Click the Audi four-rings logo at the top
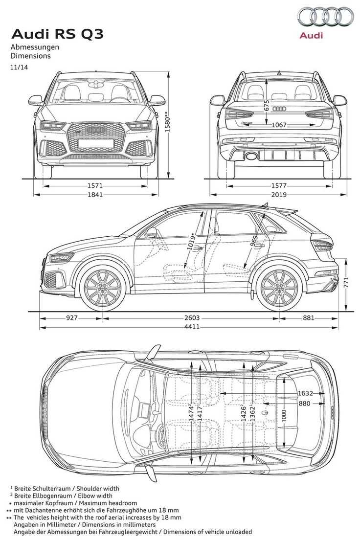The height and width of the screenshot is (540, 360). pos(326,17)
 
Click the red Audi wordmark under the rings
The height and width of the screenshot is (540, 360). pos(311,35)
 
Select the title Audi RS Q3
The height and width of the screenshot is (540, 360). pos(57,34)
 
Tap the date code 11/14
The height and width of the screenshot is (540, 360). pos(19,67)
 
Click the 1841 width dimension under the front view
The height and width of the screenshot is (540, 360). pos(95,195)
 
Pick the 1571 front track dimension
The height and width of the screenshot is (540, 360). pos(95,186)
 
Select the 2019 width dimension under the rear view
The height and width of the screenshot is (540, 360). pos(279,195)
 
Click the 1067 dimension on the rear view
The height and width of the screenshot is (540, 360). pos(279,125)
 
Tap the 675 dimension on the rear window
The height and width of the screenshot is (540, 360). pos(267,105)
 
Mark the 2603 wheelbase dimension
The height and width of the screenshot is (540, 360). pos(192,318)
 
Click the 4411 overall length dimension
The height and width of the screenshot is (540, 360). pos(192,326)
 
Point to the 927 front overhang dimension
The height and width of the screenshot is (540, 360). pos(71,318)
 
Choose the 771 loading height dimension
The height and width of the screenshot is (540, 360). pos(346,282)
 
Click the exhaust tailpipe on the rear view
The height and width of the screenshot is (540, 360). pos(251,157)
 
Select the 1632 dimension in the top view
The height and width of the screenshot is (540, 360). pos(305,393)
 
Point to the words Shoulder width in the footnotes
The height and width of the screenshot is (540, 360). pos(98,488)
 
